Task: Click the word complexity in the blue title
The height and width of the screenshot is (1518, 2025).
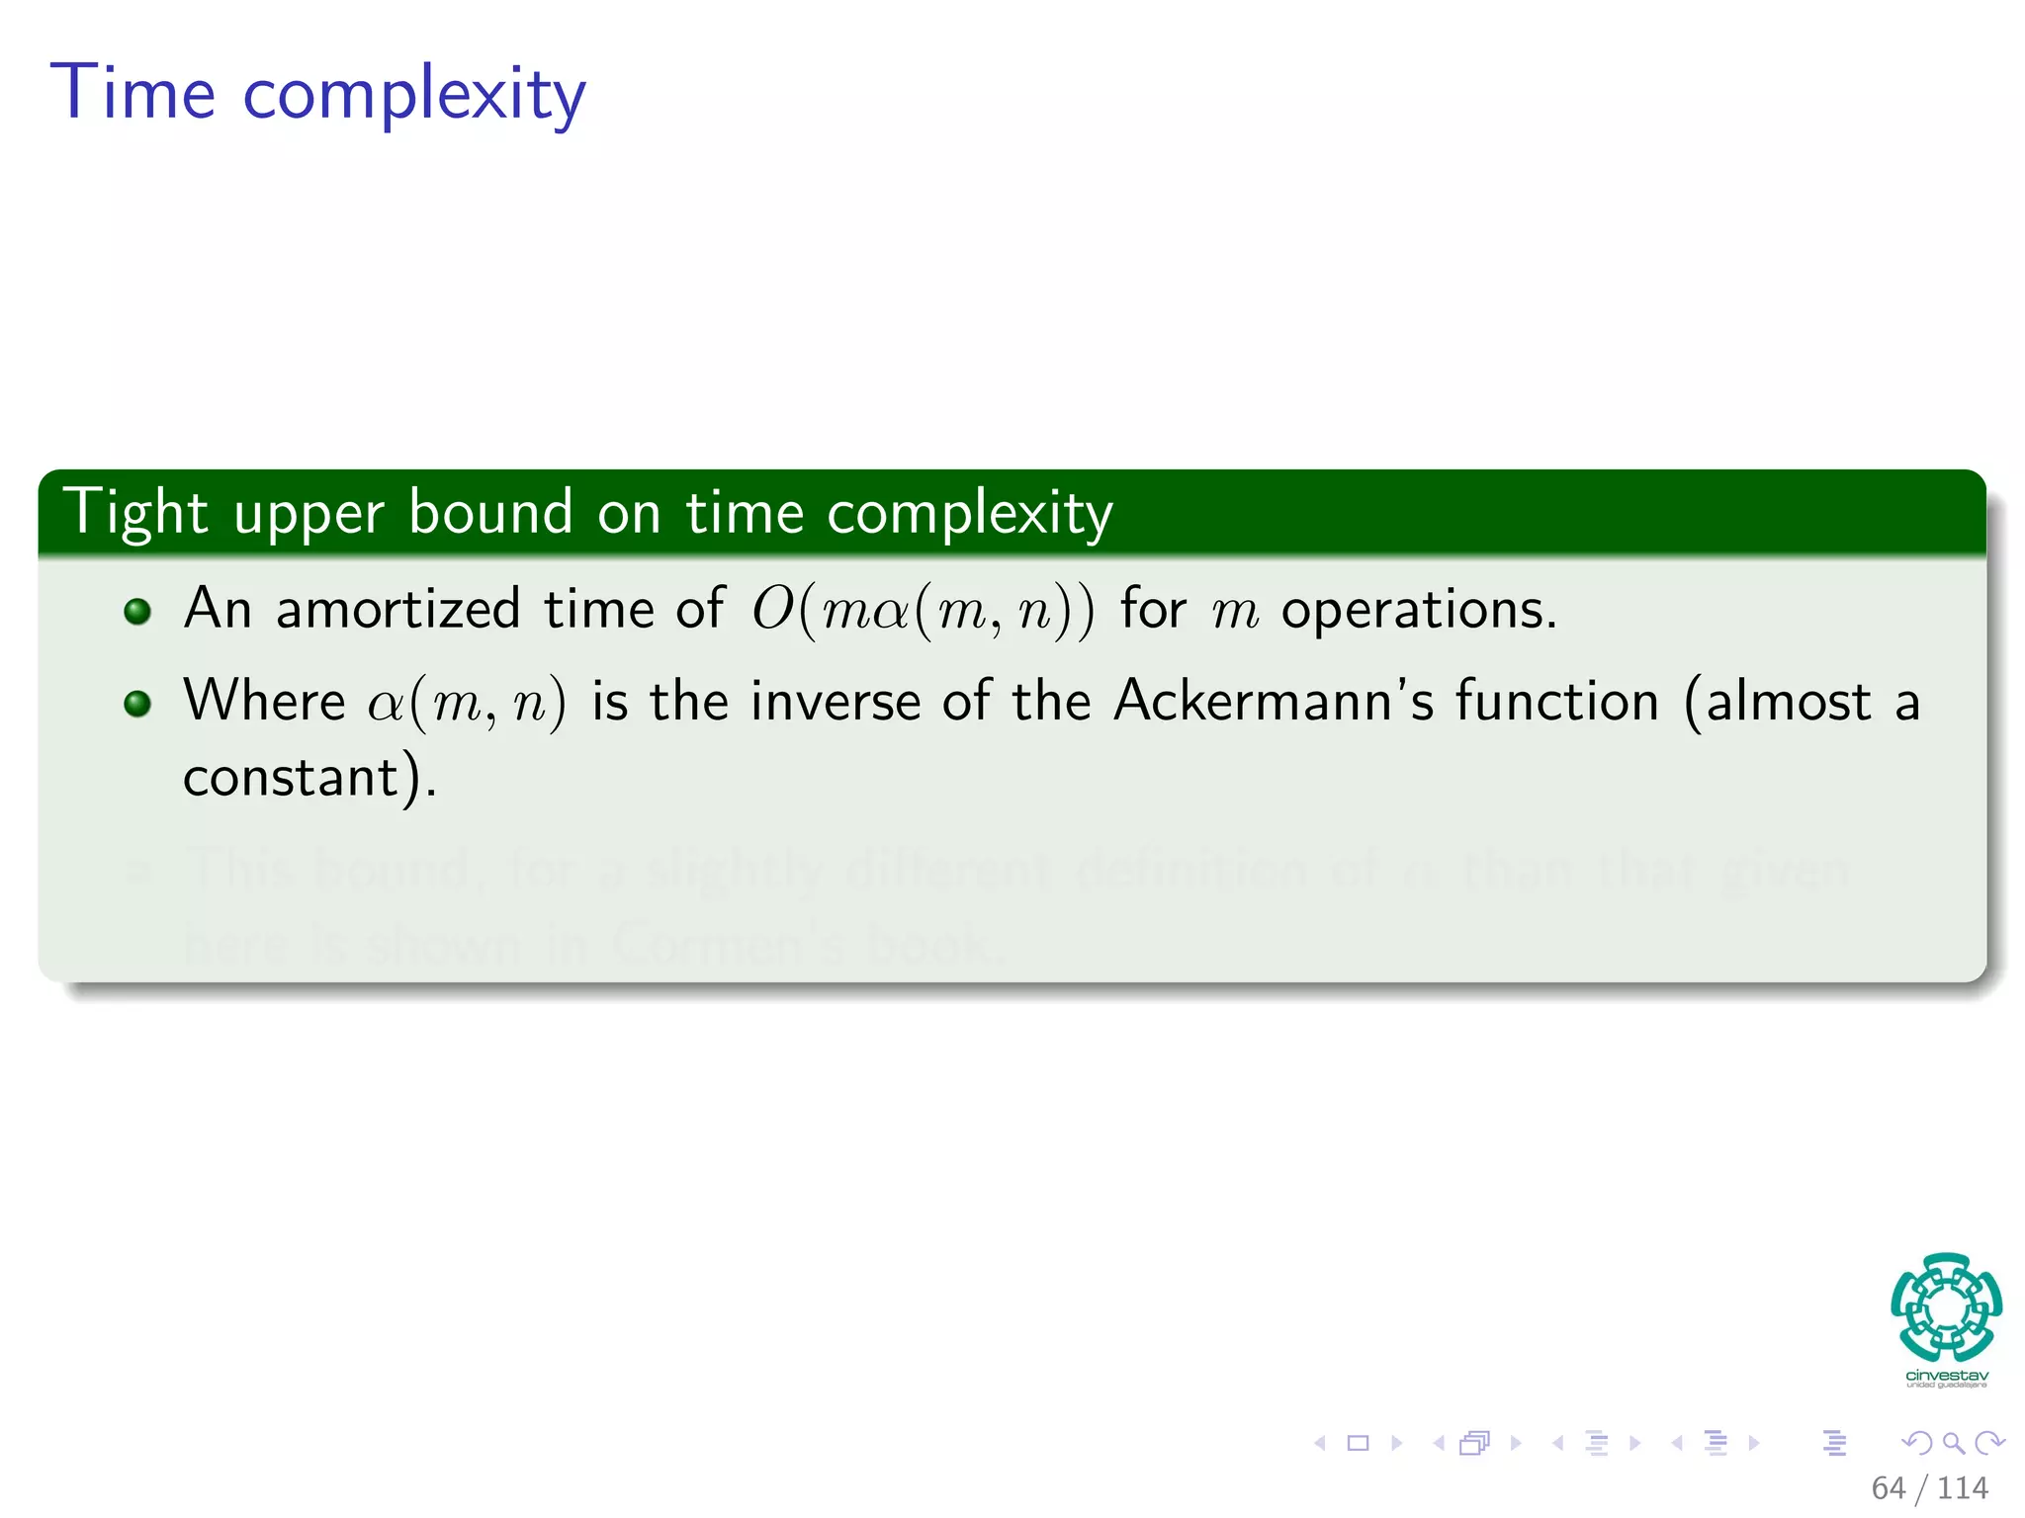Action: click(414, 96)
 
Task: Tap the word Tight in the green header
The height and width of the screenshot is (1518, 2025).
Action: click(135, 513)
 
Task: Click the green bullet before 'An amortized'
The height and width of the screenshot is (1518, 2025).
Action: click(137, 611)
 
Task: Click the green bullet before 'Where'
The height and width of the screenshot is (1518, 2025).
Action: click(137, 704)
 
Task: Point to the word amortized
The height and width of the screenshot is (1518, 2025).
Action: click(397, 608)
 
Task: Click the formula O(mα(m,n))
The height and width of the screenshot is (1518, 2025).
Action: click(923, 610)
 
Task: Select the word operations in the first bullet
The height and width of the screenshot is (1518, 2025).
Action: click(1418, 610)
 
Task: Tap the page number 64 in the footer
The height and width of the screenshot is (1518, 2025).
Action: click(1888, 1488)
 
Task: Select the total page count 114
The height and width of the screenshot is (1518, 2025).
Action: click(1962, 1488)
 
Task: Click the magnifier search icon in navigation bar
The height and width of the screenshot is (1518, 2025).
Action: click(1953, 1444)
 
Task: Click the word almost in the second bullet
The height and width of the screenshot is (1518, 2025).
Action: click(1788, 702)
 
